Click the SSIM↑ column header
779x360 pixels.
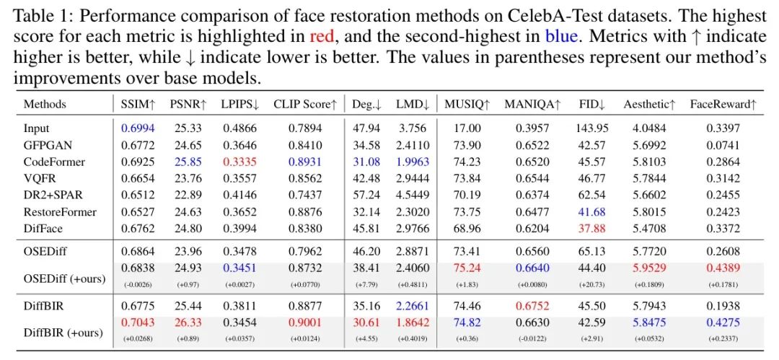click(x=136, y=104)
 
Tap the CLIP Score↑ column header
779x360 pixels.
click(x=305, y=104)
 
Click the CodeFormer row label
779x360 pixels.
click(x=54, y=162)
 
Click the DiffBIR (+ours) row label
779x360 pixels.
click(x=63, y=333)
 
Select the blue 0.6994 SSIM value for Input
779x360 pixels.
click(x=136, y=128)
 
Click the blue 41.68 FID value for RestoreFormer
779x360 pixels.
click(x=592, y=211)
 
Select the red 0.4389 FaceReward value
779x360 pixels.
click(x=723, y=267)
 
